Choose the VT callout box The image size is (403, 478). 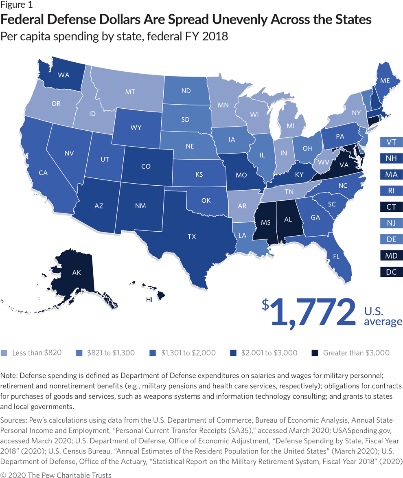(x=391, y=142)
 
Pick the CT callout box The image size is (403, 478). (x=391, y=207)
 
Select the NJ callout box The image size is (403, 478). (x=391, y=223)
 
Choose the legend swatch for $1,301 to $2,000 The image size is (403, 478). (x=154, y=353)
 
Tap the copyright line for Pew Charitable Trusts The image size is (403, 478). (x=56, y=474)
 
